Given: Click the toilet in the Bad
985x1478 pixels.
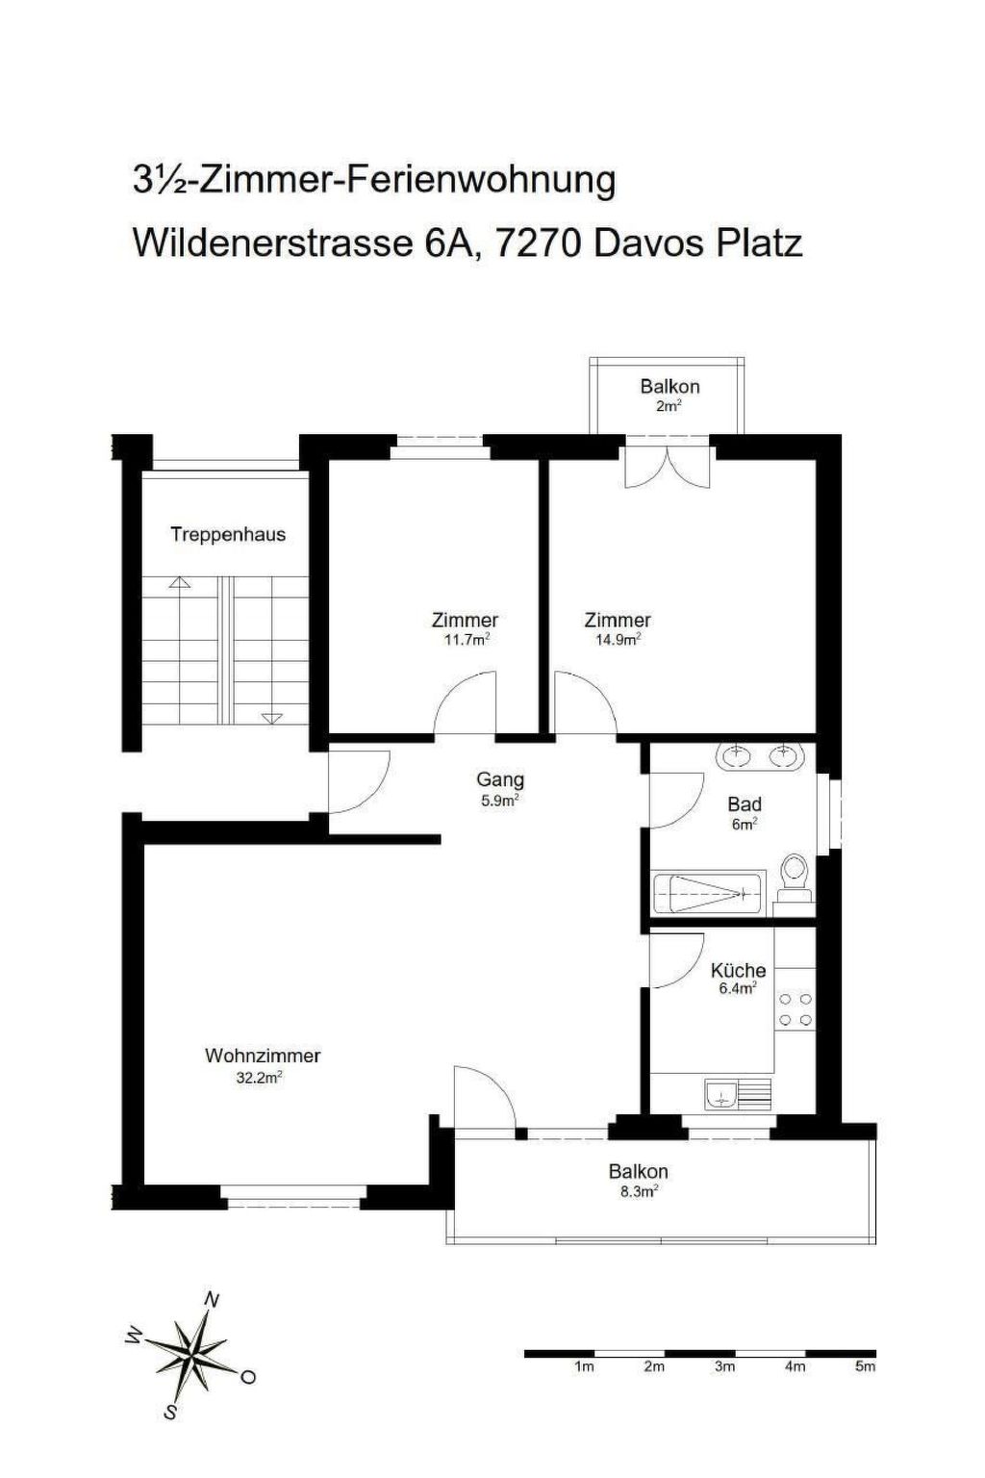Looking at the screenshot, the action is coord(793,877).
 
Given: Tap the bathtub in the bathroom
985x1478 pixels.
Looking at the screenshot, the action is coord(707,893).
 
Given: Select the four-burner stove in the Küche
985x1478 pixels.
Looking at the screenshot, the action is coord(795,1008).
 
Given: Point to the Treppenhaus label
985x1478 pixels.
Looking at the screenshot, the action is coord(228,534).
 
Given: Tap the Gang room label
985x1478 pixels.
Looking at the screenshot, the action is coord(500,779).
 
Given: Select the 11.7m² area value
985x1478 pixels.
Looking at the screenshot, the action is coord(467,639).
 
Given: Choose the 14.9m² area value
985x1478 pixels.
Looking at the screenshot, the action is coord(619,639).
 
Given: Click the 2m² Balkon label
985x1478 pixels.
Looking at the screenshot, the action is coord(669,406).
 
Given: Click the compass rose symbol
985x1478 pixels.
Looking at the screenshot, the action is coord(191,1352).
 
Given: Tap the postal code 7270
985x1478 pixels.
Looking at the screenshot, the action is coord(536,243).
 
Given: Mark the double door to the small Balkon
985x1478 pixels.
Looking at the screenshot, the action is coord(669,465).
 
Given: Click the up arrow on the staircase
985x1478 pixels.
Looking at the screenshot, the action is coord(180,582).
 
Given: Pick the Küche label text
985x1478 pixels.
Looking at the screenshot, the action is coord(738,971).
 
